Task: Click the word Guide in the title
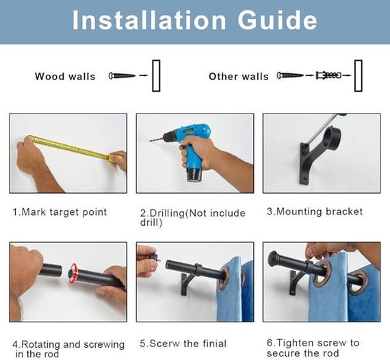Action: pyautogui.click(x=277, y=20)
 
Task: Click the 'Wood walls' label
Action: pyautogui.click(x=65, y=77)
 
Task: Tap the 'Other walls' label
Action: pyautogui.click(x=239, y=77)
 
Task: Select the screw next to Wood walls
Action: pyautogui.click(x=122, y=75)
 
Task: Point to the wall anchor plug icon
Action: pyautogui.click(x=328, y=75)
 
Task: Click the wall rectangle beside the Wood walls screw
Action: pyautogui.click(x=156, y=76)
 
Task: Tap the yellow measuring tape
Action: pyautogui.click(x=74, y=148)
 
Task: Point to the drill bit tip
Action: pyautogui.click(x=150, y=141)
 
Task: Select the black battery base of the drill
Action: pyautogui.click(x=195, y=175)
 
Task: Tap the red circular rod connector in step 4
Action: pyautogui.click(x=73, y=273)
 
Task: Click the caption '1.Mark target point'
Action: pyautogui.click(x=60, y=212)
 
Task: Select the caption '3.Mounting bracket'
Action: pyautogui.click(x=315, y=211)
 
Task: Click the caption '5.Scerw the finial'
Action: pyautogui.click(x=183, y=344)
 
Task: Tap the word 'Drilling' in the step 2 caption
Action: pyautogui.click(x=167, y=214)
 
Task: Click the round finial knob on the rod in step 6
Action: pyautogui.click(x=272, y=257)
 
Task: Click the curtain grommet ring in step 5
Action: pyautogui.click(x=224, y=277)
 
